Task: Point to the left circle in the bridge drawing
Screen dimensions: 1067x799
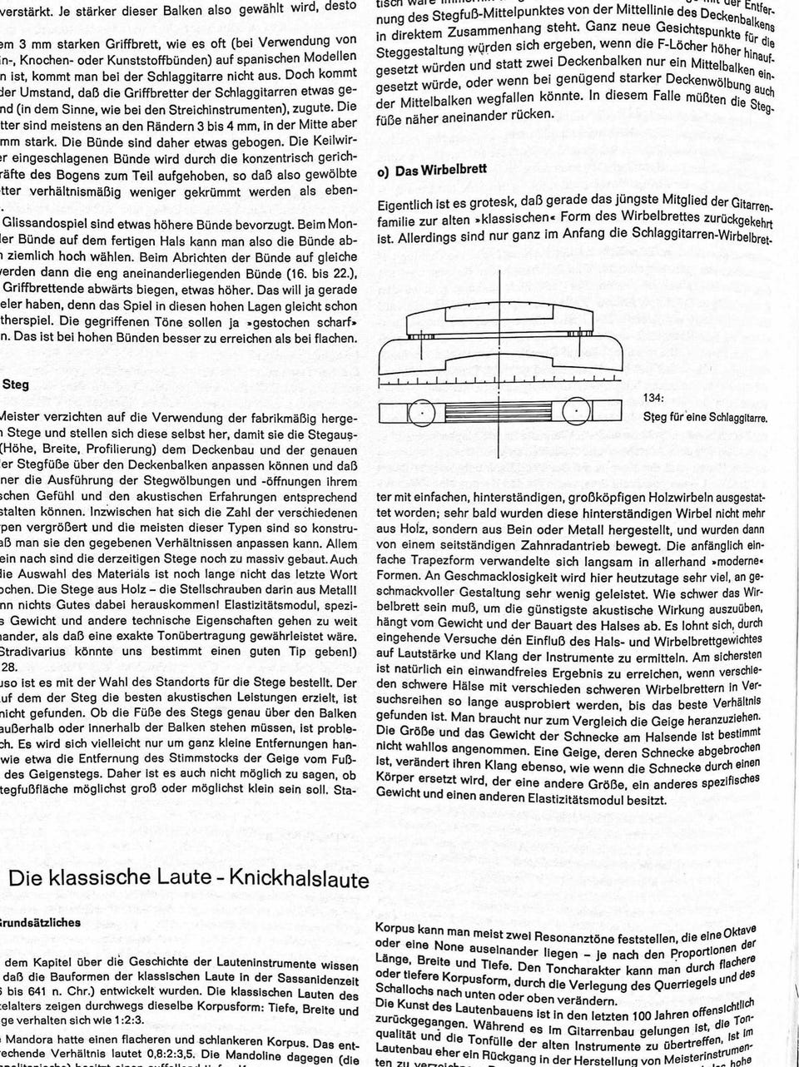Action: tap(422, 412)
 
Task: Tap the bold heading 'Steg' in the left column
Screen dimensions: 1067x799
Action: tap(17, 385)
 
